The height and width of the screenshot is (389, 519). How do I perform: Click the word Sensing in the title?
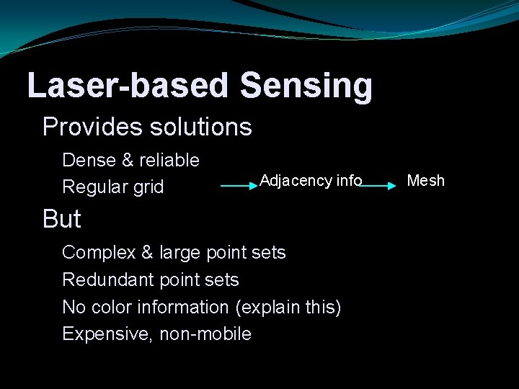[306, 86]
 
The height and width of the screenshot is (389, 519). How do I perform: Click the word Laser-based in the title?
[128, 86]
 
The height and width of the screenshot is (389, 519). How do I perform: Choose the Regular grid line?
[113, 187]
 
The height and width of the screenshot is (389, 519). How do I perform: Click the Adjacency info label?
[311, 180]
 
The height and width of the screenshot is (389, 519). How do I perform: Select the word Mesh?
[426, 180]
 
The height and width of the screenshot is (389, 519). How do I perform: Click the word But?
[62, 219]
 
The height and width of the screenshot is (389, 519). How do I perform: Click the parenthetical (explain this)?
[288, 307]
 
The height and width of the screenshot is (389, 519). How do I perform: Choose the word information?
[180, 307]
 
